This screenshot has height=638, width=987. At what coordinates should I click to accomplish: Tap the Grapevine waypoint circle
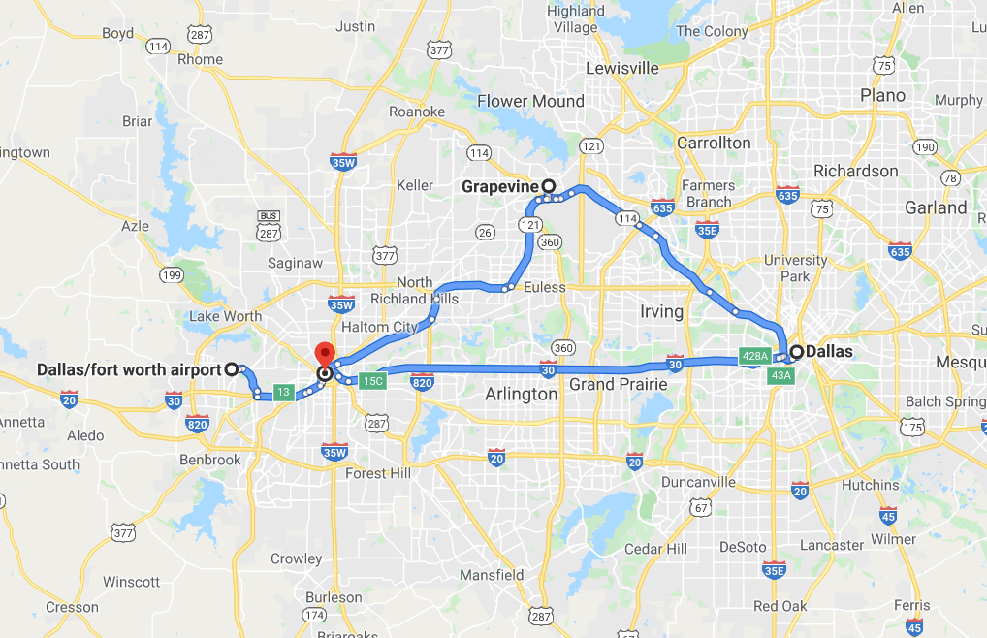(548, 185)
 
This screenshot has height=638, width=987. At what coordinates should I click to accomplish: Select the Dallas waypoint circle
(797, 352)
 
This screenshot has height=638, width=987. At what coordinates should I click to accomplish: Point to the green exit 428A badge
(754, 356)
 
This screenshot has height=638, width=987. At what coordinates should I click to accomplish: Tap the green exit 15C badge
(372, 381)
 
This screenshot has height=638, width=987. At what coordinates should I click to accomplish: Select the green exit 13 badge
(282, 393)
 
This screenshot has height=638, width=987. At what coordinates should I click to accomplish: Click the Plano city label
(882, 95)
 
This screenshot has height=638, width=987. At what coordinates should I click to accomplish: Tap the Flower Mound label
(530, 101)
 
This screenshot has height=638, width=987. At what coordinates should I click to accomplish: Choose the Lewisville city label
(622, 68)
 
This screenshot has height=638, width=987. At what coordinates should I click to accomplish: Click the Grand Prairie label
(618, 384)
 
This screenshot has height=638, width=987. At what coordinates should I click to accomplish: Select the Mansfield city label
(492, 575)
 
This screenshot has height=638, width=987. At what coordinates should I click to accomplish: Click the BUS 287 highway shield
(269, 225)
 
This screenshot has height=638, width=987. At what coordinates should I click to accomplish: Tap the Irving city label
(660, 311)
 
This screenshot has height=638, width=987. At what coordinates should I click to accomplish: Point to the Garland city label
(936, 207)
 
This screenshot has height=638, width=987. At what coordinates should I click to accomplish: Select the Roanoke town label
(417, 112)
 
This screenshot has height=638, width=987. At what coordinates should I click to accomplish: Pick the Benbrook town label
(209, 459)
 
